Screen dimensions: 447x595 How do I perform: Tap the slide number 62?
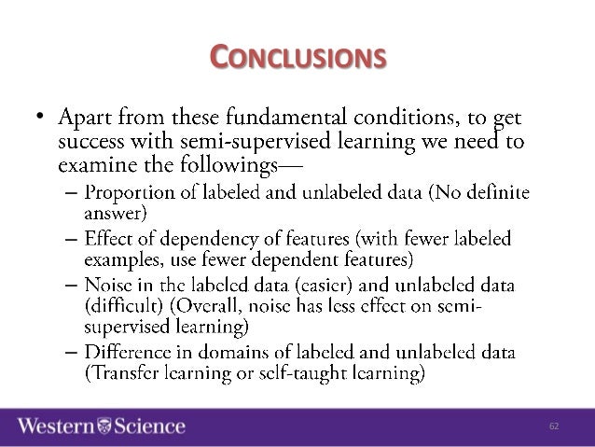tap(553, 426)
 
